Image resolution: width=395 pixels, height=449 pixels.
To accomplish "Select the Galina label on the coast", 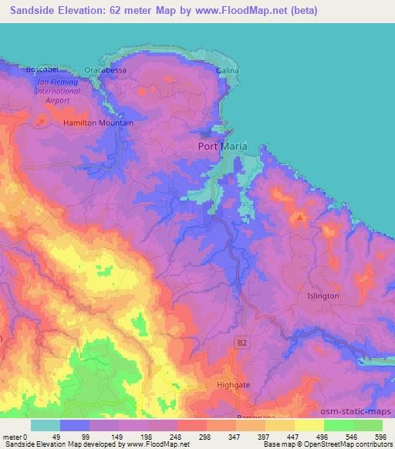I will coord(227,70).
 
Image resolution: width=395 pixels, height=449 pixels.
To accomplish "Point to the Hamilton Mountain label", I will coord(98,123).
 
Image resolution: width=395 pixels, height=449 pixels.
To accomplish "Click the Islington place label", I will coord(322,295).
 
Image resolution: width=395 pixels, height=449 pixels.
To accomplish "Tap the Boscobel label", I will coord(42,69).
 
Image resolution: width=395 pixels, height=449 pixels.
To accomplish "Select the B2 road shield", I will coord(240,339).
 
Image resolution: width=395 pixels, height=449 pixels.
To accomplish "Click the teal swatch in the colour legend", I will coord(46,425).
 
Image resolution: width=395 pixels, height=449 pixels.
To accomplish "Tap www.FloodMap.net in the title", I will coord(223,12).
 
